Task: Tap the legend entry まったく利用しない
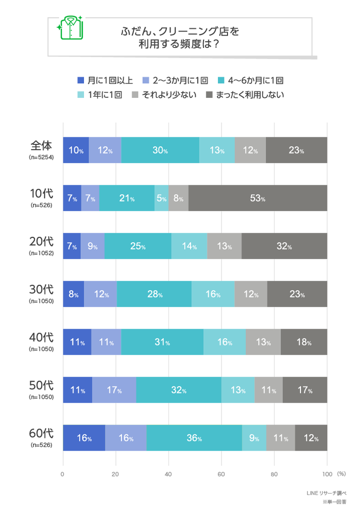pyautogui.click(x=245, y=94)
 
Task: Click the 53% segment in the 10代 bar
pyautogui.click(x=258, y=198)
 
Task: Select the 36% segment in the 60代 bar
pyautogui.click(x=194, y=438)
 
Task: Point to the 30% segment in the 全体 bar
pyautogui.click(x=160, y=150)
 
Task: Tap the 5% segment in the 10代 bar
pyautogui.click(x=161, y=198)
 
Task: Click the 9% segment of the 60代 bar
pyautogui.click(x=254, y=438)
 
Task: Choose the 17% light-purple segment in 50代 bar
pyautogui.click(x=114, y=390)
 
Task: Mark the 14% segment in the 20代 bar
pyautogui.click(x=189, y=246)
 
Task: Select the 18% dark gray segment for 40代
pyautogui.click(x=304, y=342)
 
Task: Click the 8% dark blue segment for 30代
pyautogui.click(x=73, y=294)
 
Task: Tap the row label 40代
pyautogui.click(x=41, y=337)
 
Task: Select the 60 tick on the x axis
pyautogui.click(x=221, y=474)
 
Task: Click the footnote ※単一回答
pyautogui.click(x=333, y=502)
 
